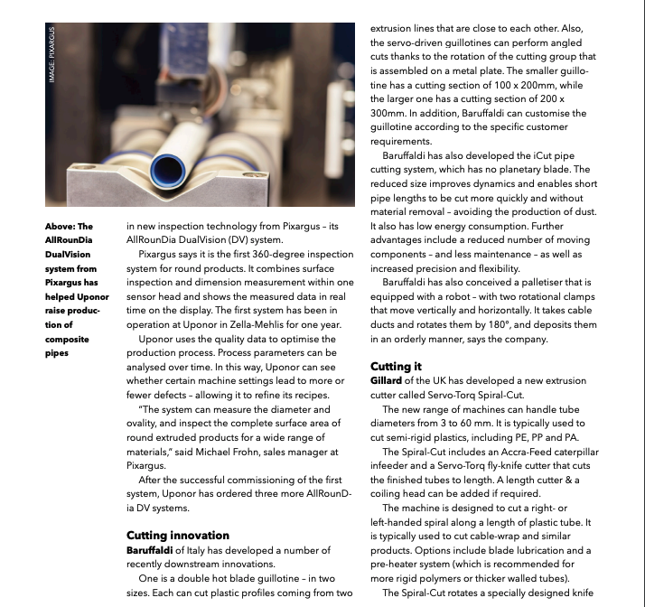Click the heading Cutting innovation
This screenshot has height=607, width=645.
point(177,536)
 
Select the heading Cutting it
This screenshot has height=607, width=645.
point(396,367)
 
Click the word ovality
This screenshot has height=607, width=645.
point(145,422)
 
